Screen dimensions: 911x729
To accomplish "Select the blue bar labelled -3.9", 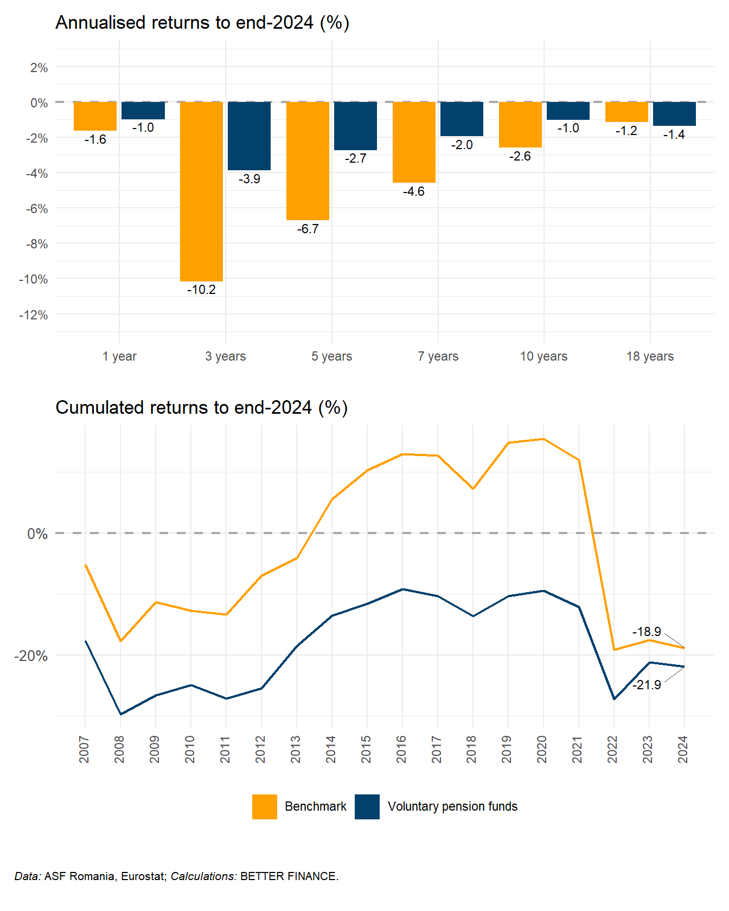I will click(249, 136).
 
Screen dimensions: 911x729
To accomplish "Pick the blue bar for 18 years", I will click(674, 114).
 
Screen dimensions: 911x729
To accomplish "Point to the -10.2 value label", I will click(201, 290).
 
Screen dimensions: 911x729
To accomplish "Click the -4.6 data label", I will click(413, 191).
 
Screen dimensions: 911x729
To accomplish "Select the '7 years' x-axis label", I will click(438, 356).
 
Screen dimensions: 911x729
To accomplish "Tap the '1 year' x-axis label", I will click(119, 356).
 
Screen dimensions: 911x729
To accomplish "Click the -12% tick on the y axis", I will click(34, 315).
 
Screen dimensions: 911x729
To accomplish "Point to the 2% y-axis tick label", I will click(39, 68).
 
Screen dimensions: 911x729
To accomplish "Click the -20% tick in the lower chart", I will click(31, 656).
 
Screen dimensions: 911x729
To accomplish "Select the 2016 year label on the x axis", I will click(401, 749).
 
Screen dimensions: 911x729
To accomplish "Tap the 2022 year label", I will click(612, 749).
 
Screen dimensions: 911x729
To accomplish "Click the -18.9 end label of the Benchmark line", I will click(647, 632).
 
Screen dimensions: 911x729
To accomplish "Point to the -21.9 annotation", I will click(647, 685).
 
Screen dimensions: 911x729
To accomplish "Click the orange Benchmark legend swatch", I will click(265, 806).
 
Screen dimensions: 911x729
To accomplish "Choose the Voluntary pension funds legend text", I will click(452, 806).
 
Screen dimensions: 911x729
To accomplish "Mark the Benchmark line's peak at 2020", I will click(543, 439).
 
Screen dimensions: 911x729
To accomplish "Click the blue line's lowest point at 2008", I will click(120, 714).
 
